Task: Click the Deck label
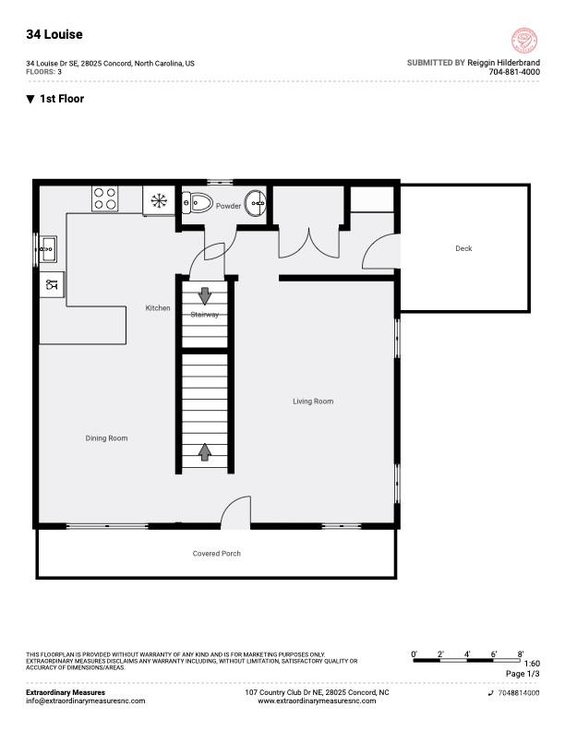tap(463, 248)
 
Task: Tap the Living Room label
tap(313, 401)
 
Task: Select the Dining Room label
tap(106, 438)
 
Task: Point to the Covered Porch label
tap(216, 554)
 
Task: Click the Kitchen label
tap(158, 308)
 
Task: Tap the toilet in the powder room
tap(197, 202)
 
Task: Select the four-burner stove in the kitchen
tap(104, 198)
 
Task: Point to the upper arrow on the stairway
tap(204, 295)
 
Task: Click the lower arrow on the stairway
tap(204, 451)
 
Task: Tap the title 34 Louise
tap(54, 34)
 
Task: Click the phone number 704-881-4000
tap(514, 72)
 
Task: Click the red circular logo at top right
tap(524, 41)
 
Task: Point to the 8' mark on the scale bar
tap(521, 654)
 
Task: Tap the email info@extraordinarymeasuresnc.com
tap(85, 701)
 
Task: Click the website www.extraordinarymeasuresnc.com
tap(317, 701)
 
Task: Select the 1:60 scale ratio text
tap(532, 664)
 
